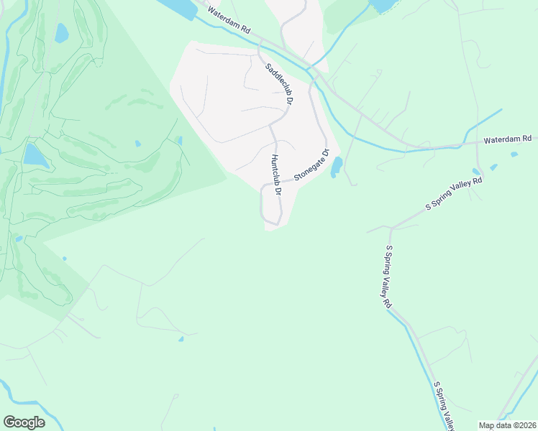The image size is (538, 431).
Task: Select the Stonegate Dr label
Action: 311,165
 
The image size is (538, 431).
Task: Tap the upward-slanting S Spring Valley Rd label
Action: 454,195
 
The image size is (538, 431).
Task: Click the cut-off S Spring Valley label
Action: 444,406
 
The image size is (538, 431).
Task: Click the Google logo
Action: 24,422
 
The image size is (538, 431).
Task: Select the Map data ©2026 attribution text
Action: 507,425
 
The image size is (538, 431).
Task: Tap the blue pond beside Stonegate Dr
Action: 336,167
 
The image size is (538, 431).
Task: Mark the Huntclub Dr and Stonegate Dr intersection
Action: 275,182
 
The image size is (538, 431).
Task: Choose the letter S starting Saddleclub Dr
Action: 268,68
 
